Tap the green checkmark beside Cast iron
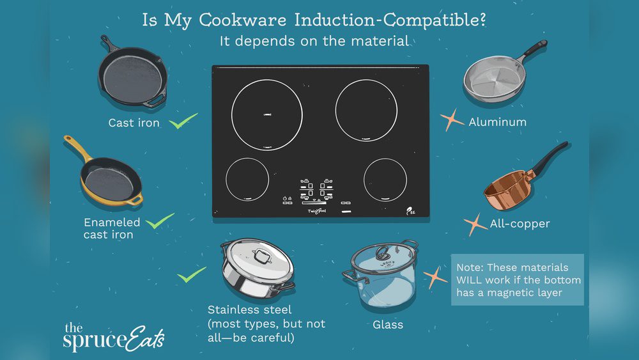[x=184, y=121]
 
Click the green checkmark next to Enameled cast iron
[x=160, y=222]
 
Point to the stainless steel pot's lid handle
[x=261, y=256]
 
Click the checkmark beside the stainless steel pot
[x=191, y=276]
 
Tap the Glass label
[x=388, y=324]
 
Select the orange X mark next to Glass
[x=435, y=277]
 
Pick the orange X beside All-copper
[x=475, y=224]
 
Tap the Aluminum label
[x=497, y=121]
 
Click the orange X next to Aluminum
[x=452, y=120]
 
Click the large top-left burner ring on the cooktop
[x=266, y=116]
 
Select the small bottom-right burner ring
[x=385, y=178]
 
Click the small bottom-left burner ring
[x=247, y=178]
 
